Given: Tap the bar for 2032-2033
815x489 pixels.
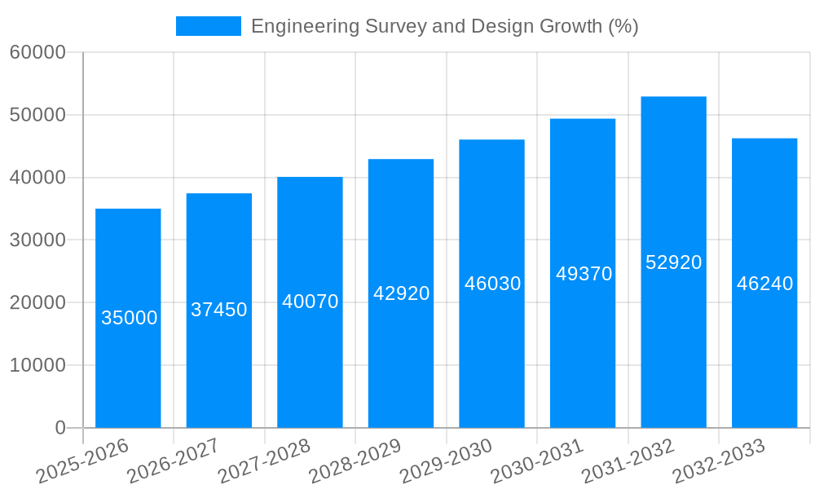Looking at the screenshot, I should point(764,342).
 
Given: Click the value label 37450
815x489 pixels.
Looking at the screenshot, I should point(219,310).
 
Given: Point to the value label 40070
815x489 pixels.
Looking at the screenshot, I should point(311,302).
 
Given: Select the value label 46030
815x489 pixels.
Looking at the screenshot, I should point(492,284).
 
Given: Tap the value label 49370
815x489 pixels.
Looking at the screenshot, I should point(584,274).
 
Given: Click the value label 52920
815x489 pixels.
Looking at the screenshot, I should point(673,262).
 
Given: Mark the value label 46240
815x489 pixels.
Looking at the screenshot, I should point(764,284).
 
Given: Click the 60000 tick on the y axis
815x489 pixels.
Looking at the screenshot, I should point(37,53).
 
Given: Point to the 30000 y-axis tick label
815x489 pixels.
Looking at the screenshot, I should point(37,240).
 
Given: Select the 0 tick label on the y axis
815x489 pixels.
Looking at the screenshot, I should point(59,428).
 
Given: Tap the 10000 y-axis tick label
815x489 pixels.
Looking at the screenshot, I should point(37,366).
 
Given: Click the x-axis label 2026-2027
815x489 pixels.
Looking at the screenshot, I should point(173,461).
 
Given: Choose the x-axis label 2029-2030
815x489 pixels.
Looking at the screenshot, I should point(446,461).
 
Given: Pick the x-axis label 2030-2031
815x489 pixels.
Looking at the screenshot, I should point(537,461).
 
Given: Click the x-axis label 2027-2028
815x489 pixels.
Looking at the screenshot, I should point(264,461).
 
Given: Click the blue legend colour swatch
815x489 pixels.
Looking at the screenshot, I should point(209,26).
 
